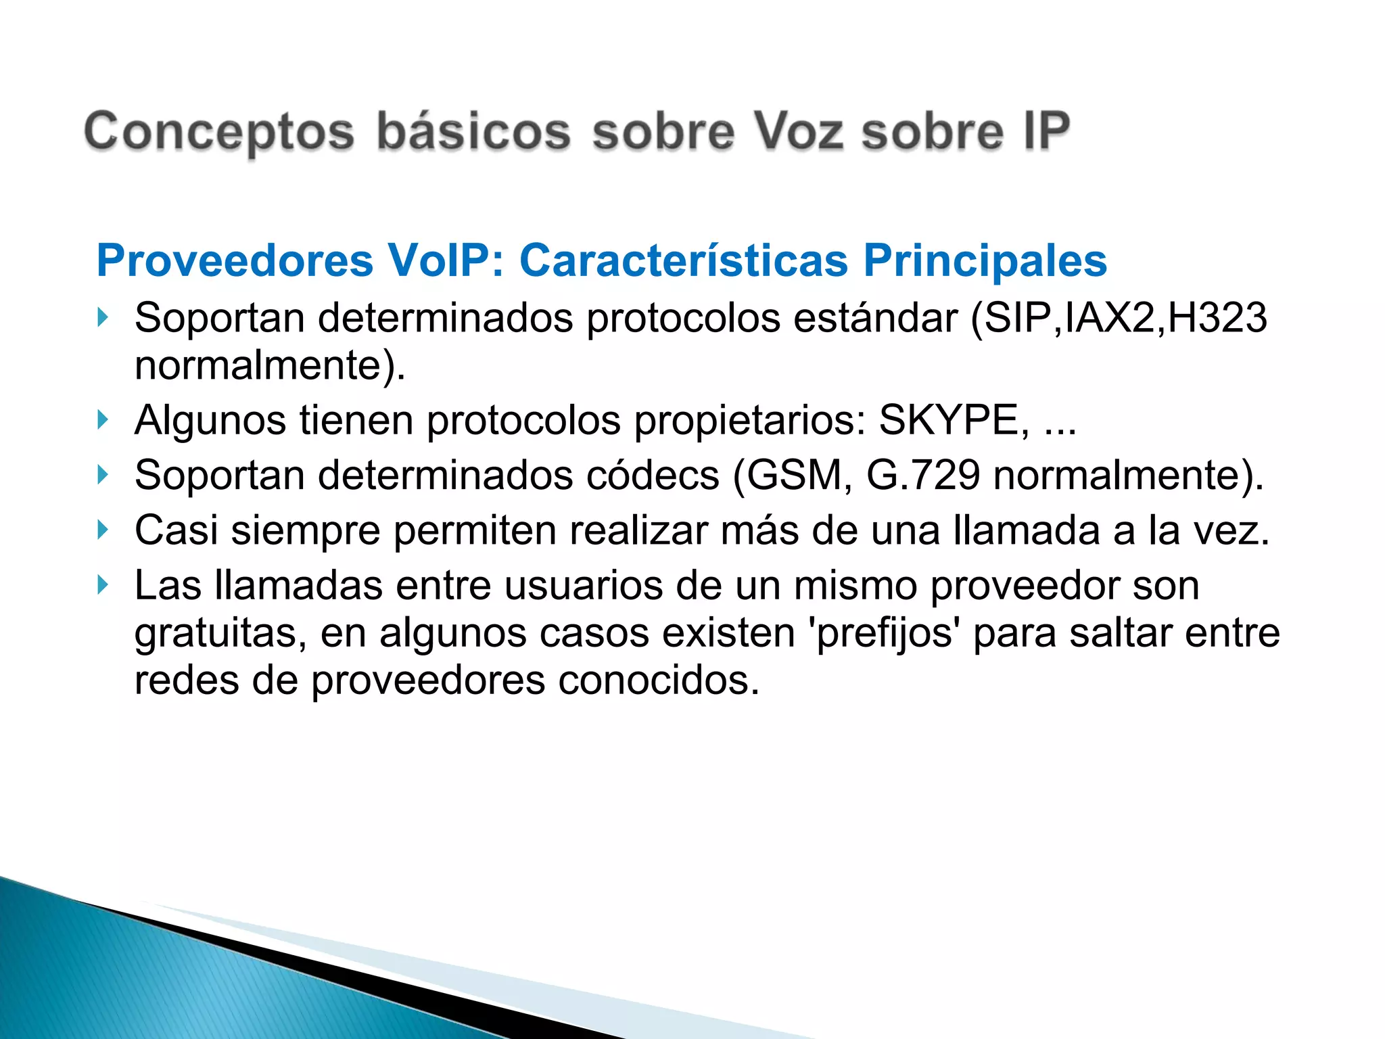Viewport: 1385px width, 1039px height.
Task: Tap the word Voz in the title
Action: click(798, 131)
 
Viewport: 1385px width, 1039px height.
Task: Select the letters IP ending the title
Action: click(1046, 131)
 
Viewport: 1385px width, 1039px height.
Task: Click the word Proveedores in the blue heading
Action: click(235, 260)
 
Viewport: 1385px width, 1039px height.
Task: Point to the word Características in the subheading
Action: click(683, 260)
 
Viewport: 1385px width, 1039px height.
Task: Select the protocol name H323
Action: click(1217, 318)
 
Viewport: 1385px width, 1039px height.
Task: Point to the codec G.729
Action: click(922, 476)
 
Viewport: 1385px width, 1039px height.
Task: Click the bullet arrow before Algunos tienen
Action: click(103, 420)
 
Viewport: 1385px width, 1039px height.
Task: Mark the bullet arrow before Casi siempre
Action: click(103, 530)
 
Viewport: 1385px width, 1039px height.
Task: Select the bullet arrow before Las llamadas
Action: click(103, 584)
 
